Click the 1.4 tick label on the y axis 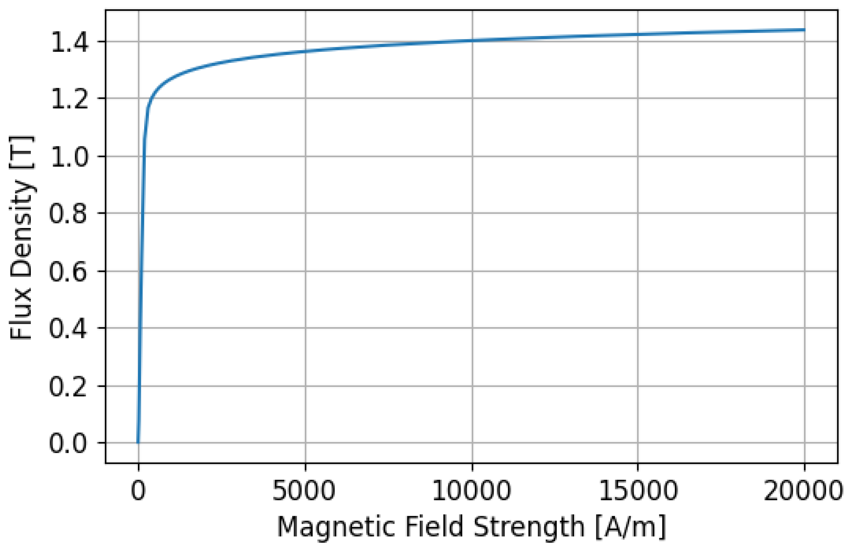pyautogui.click(x=69, y=42)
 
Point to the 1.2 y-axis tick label pyautogui.click(x=69, y=99)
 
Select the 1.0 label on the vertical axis pyautogui.click(x=69, y=157)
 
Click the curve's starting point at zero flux pyautogui.click(x=138, y=442)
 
